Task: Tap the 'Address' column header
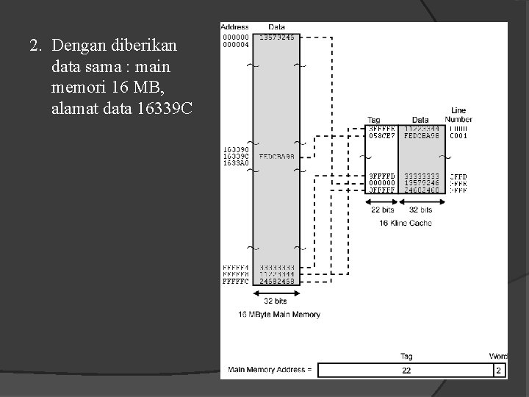(234, 27)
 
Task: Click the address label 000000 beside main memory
(234, 37)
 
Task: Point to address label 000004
(234, 44)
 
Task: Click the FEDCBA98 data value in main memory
(276, 156)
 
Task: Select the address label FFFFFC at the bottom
(236, 281)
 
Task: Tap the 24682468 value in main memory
(276, 281)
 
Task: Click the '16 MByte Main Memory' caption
(279, 315)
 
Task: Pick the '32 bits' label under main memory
(276, 301)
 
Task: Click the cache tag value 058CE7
(381, 135)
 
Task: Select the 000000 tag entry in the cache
(381, 183)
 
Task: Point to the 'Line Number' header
(458, 115)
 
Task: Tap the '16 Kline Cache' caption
(406, 223)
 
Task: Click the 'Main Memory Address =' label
(270, 369)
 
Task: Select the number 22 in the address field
(406, 371)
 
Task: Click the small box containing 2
(499, 370)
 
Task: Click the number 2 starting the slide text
(34, 46)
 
